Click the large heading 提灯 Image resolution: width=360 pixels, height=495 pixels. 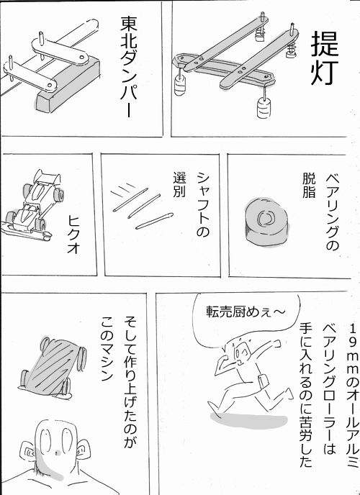click(325, 59)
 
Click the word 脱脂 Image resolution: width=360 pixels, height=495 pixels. click(308, 186)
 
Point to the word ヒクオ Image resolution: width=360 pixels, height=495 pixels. click(73, 235)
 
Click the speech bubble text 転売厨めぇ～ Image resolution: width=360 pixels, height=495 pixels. click(246, 312)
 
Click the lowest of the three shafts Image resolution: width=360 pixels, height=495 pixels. click(154, 221)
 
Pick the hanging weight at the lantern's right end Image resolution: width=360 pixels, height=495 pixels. click(264, 108)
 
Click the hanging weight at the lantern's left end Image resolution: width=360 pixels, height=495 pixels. click(181, 86)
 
